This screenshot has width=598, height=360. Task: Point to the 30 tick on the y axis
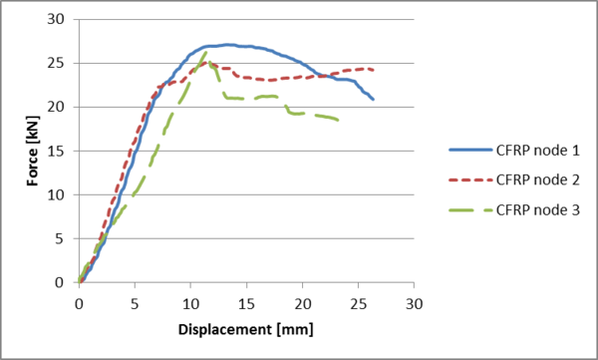click(x=58, y=19)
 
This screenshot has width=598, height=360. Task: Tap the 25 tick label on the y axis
click(x=58, y=63)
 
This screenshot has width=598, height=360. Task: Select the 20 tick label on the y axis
click(x=58, y=107)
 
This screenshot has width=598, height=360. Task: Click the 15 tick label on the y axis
click(x=58, y=151)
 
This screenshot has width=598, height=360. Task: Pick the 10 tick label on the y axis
click(x=58, y=194)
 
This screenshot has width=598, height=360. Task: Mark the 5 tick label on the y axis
click(x=62, y=238)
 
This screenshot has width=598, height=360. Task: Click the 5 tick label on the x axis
click(x=135, y=302)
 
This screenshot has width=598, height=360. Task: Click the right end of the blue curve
click(x=373, y=99)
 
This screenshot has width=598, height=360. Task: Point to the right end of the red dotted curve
click(x=374, y=70)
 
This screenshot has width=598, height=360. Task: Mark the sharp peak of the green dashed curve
click(x=206, y=52)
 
